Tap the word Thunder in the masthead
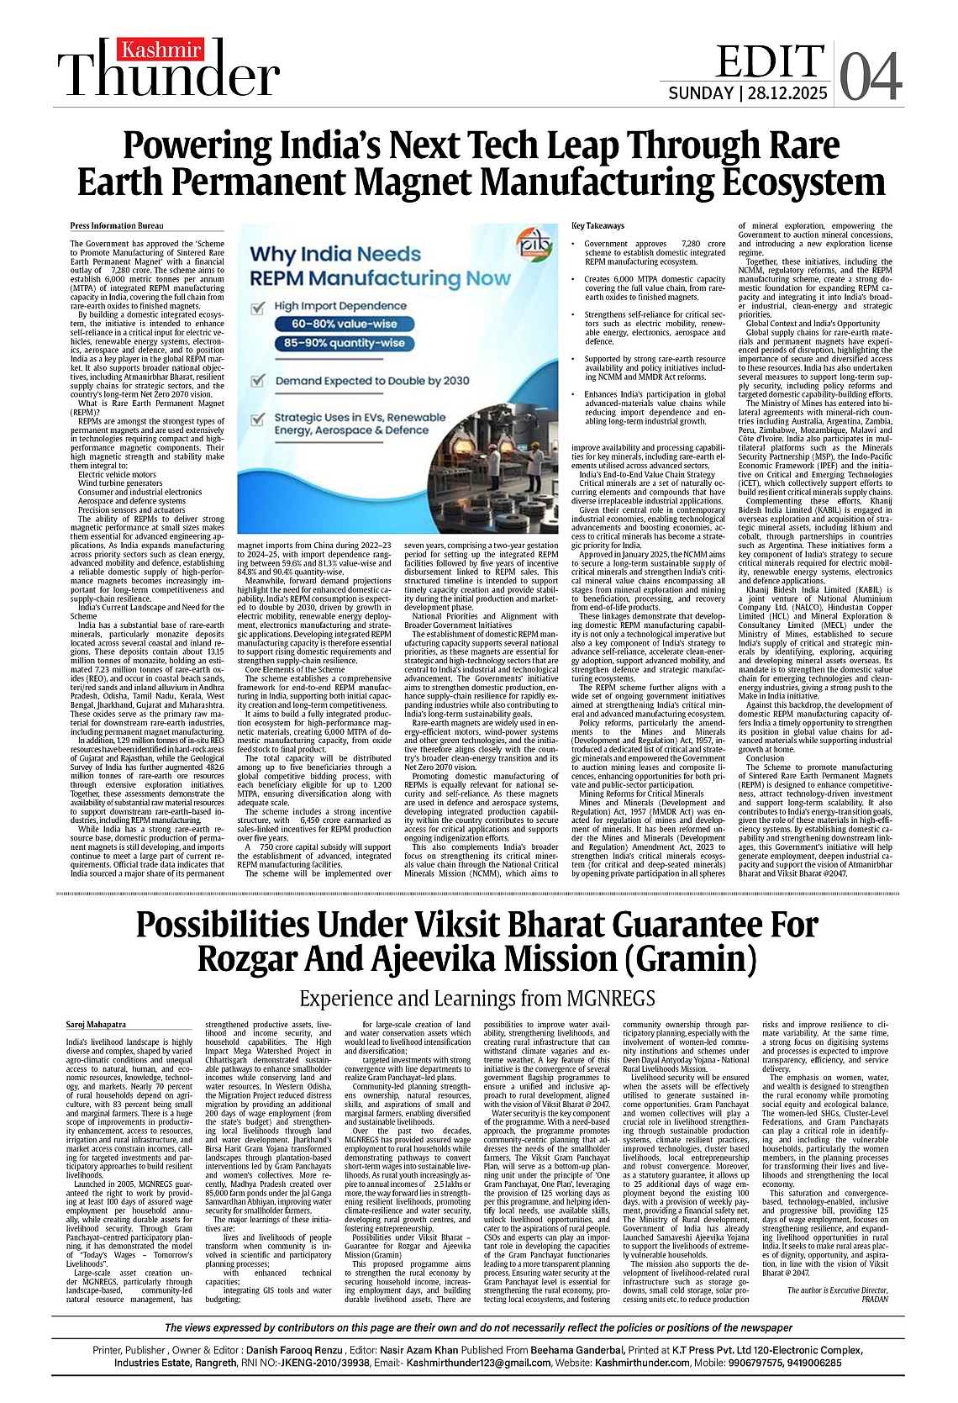[x=168, y=77]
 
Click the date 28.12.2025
[x=786, y=92]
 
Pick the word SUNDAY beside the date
[x=700, y=92]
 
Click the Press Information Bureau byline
[x=117, y=226]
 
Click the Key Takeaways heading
[x=598, y=226]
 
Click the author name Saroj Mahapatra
[x=96, y=1024]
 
